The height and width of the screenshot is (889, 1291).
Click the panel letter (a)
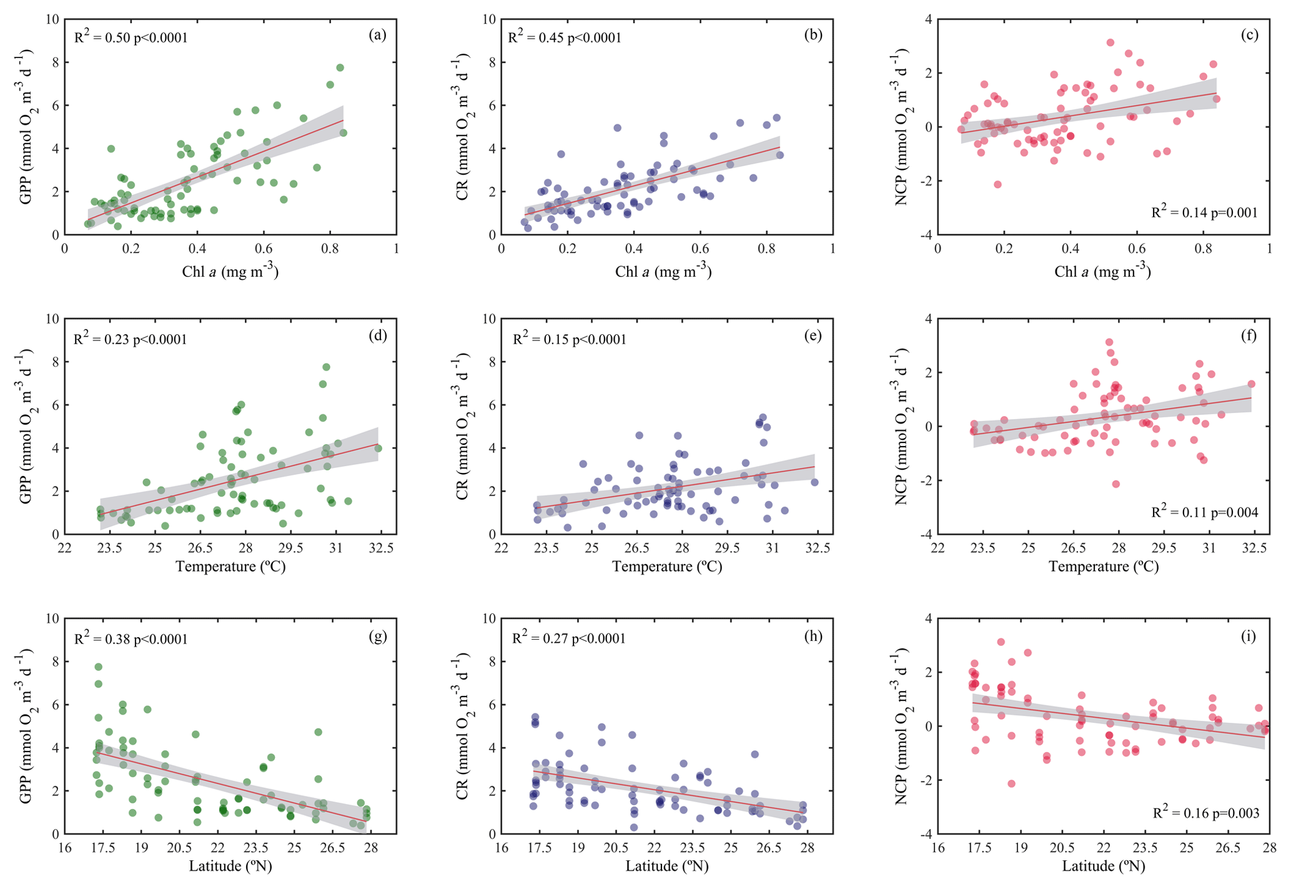pos(377,35)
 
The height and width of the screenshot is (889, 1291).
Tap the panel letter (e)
pos(813,335)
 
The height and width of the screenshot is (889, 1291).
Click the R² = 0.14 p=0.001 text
pos(1204,212)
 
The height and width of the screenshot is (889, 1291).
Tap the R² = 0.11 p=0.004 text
pos(1204,512)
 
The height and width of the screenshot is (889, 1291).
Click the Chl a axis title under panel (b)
pos(663,271)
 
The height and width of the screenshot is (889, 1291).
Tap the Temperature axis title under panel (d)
pos(230,567)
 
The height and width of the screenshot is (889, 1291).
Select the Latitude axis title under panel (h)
pos(667,867)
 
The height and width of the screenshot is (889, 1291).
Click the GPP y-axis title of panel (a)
pos(26,127)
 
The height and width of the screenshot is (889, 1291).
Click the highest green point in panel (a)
pos(340,67)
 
